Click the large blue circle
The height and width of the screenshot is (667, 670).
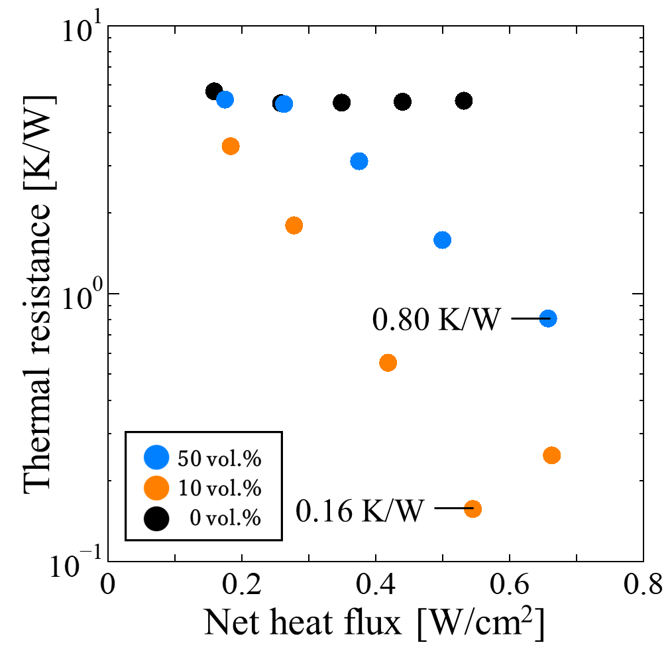click(x=156, y=457)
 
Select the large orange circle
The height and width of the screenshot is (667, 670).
click(x=156, y=488)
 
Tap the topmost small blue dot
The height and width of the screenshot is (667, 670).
click(x=225, y=99)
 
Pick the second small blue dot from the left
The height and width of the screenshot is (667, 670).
click(x=284, y=104)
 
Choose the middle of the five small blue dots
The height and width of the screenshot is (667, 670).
click(x=359, y=161)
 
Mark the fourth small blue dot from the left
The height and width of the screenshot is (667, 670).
click(x=442, y=240)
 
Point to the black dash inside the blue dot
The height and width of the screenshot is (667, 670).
click(x=545, y=319)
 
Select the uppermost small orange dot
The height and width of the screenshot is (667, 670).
click(x=231, y=146)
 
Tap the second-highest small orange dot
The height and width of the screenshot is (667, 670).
click(x=294, y=225)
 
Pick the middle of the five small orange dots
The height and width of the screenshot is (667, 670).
click(x=388, y=363)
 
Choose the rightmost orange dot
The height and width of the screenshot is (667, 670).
click(x=551, y=455)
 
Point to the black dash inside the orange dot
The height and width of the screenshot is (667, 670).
click(x=469, y=509)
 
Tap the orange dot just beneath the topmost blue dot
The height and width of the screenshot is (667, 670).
click(x=231, y=146)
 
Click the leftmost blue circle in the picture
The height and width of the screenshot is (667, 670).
click(x=156, y=457)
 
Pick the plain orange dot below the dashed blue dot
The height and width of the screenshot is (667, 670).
click(x=551, y=455)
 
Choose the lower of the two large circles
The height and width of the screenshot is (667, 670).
click(x=156, y=488)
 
